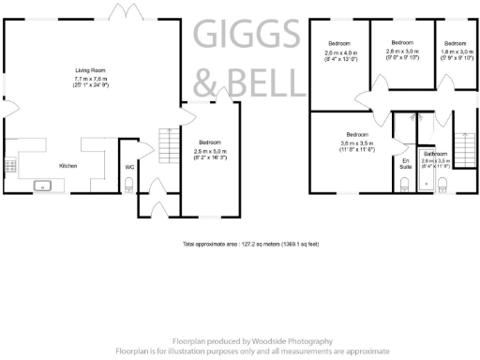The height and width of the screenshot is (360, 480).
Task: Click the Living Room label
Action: click(x=90, y=70)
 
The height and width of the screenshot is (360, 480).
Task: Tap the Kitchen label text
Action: click(x=68, y=166)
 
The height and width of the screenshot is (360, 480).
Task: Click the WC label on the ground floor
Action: click(x=129, y=168)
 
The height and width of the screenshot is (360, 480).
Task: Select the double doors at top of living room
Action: click(x=120, y=16)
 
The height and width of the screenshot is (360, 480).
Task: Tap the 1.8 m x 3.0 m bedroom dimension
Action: click(x=455, y=54)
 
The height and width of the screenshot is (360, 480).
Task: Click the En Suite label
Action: click(x=406, y=166)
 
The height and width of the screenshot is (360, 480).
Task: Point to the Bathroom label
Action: click(x=436, y=153)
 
